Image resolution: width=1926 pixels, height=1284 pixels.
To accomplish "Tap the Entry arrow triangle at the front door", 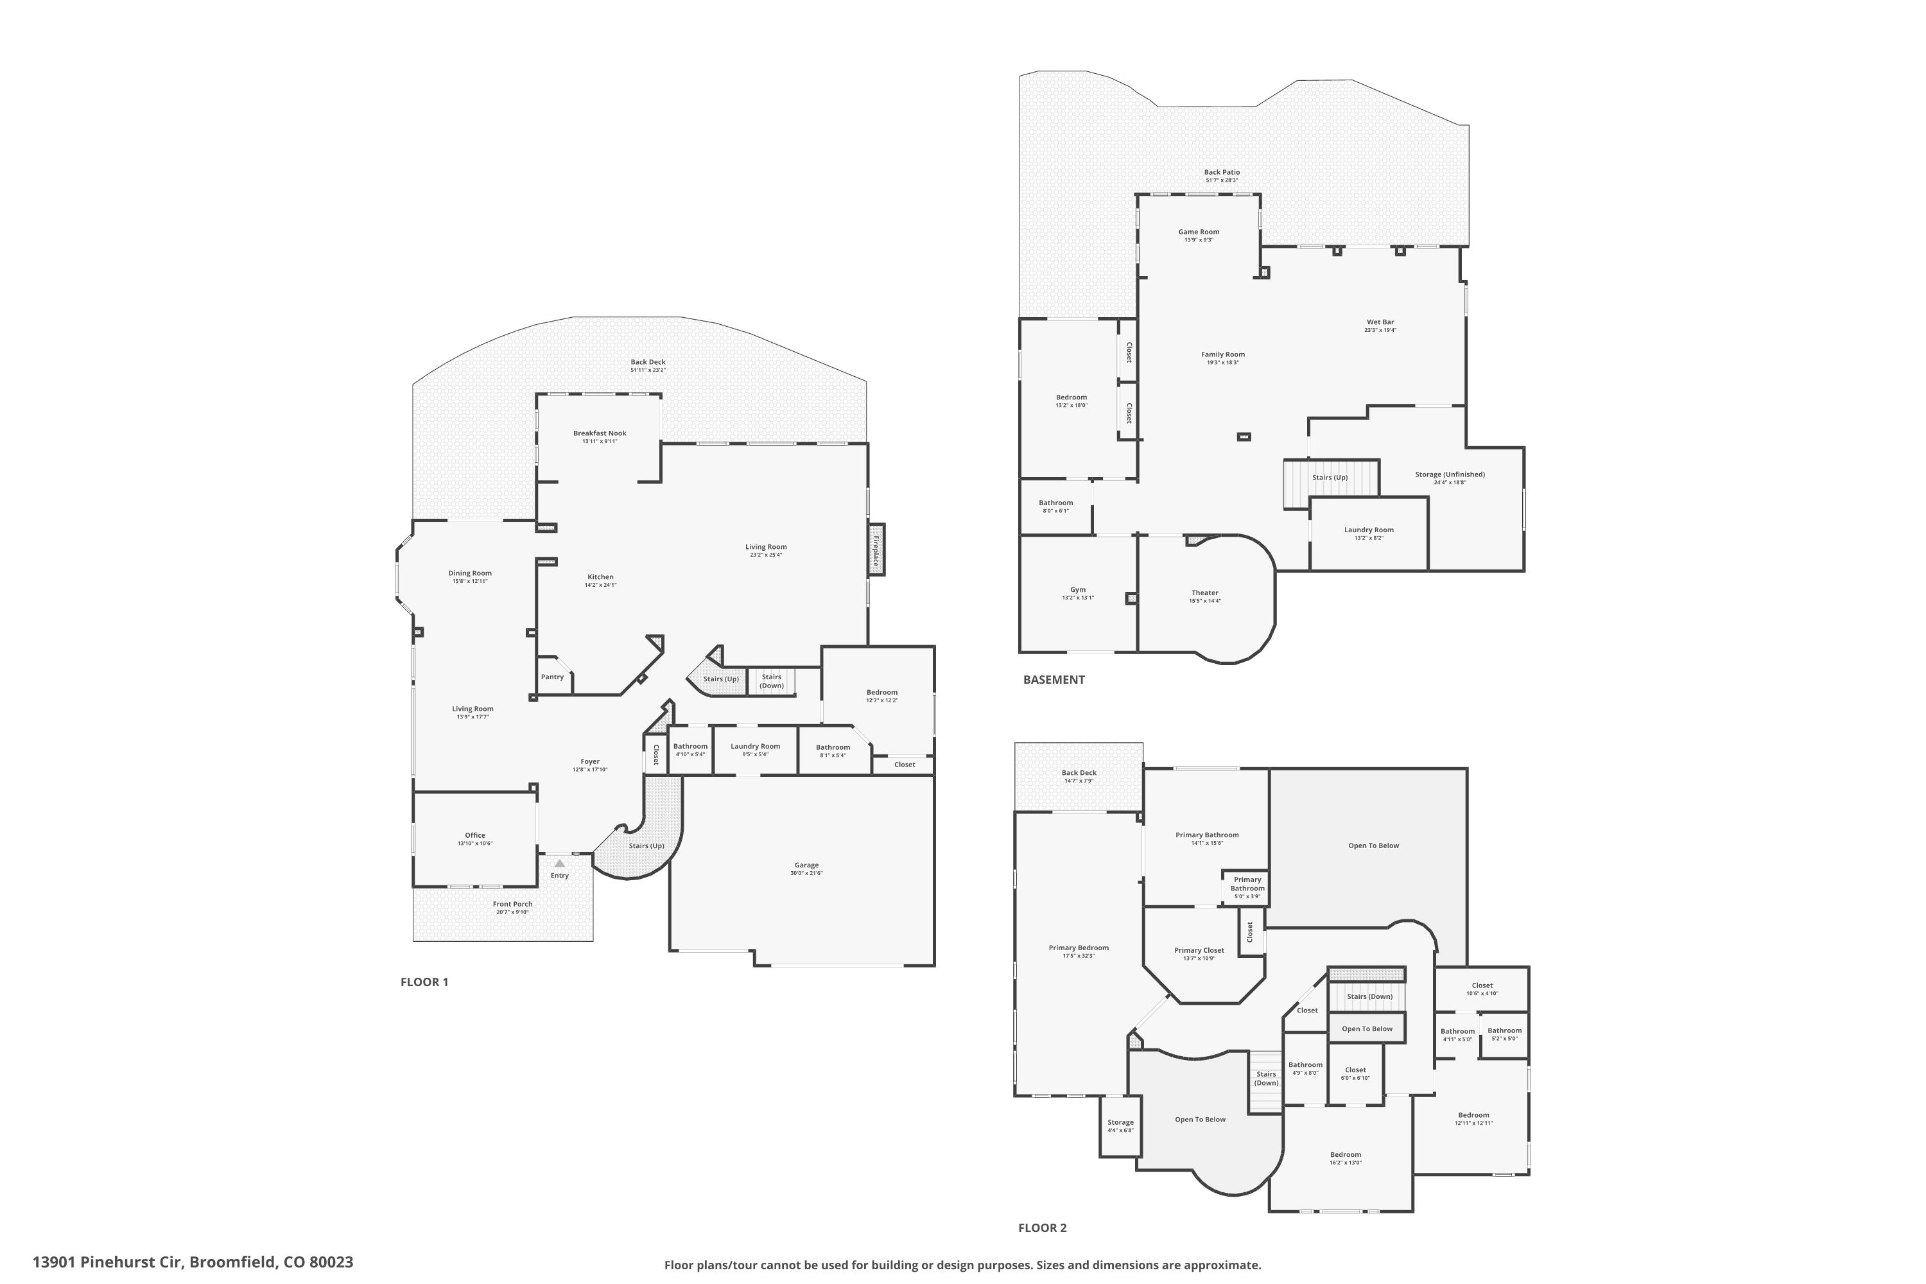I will [559, 863].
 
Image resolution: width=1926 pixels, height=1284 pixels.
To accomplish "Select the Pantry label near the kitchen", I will [552, 677].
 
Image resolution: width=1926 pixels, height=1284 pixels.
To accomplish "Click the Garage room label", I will [806, 865].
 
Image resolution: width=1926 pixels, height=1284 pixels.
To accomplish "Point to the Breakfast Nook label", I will [600, 433].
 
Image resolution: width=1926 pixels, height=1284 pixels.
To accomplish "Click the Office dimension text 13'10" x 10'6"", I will [475, 844].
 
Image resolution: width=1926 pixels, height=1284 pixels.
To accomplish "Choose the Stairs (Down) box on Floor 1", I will [772, 681].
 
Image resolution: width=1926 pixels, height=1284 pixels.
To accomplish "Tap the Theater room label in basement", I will [1204, 593].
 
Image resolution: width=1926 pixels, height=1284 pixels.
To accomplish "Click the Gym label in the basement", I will [1078, 589].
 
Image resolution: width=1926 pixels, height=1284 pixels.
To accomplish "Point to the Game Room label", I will [1199, 232].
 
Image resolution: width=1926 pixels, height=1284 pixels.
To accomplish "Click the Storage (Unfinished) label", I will [1450, 474].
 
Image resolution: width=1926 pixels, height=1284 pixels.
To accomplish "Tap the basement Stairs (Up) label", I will [1329, 478].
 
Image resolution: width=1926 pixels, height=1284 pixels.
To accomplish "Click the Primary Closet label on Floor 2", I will [1199, 951].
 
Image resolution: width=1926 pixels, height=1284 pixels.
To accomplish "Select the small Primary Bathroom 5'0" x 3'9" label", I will [1247, 888].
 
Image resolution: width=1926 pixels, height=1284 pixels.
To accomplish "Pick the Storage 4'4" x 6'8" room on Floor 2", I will [1120, 1126].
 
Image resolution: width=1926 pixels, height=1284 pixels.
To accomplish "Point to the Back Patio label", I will [1222, 173].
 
